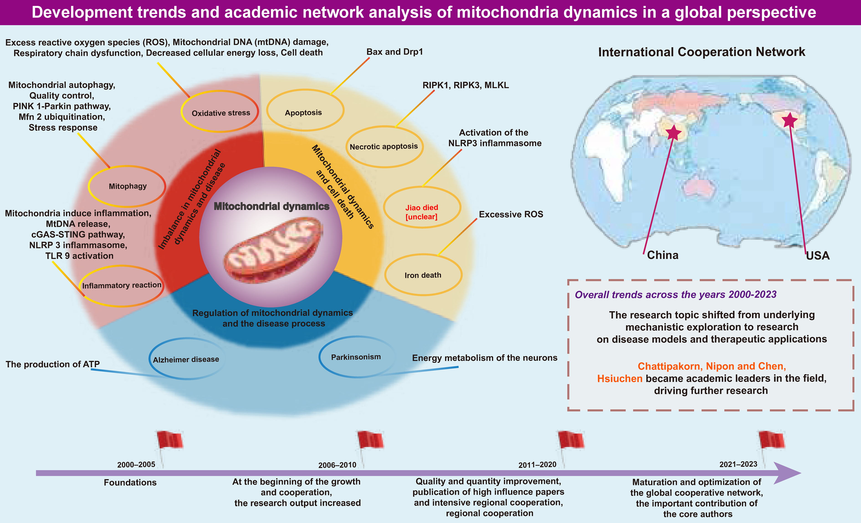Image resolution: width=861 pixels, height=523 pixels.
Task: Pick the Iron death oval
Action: click(x=423, y=275)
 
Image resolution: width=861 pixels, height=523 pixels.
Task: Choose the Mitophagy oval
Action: click(x=127, y=186)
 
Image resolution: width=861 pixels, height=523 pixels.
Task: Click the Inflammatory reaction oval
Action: click(x=121, y=286)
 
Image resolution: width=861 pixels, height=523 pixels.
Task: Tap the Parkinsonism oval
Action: click(x=356, y=357)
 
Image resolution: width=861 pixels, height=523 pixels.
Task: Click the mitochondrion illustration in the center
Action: click(x=273, y=248)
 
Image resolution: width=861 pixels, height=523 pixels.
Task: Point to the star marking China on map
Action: click(x=673, y=133)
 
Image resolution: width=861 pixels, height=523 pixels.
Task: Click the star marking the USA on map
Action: click(x=789, y=120)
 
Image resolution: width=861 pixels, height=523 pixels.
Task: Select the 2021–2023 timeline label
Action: click(x=738, y=464)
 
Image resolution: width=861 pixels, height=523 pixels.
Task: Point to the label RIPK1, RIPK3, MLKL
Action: click(x=465, y=85)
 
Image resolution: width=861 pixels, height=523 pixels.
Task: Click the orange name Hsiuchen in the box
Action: click(x=620, y=379)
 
